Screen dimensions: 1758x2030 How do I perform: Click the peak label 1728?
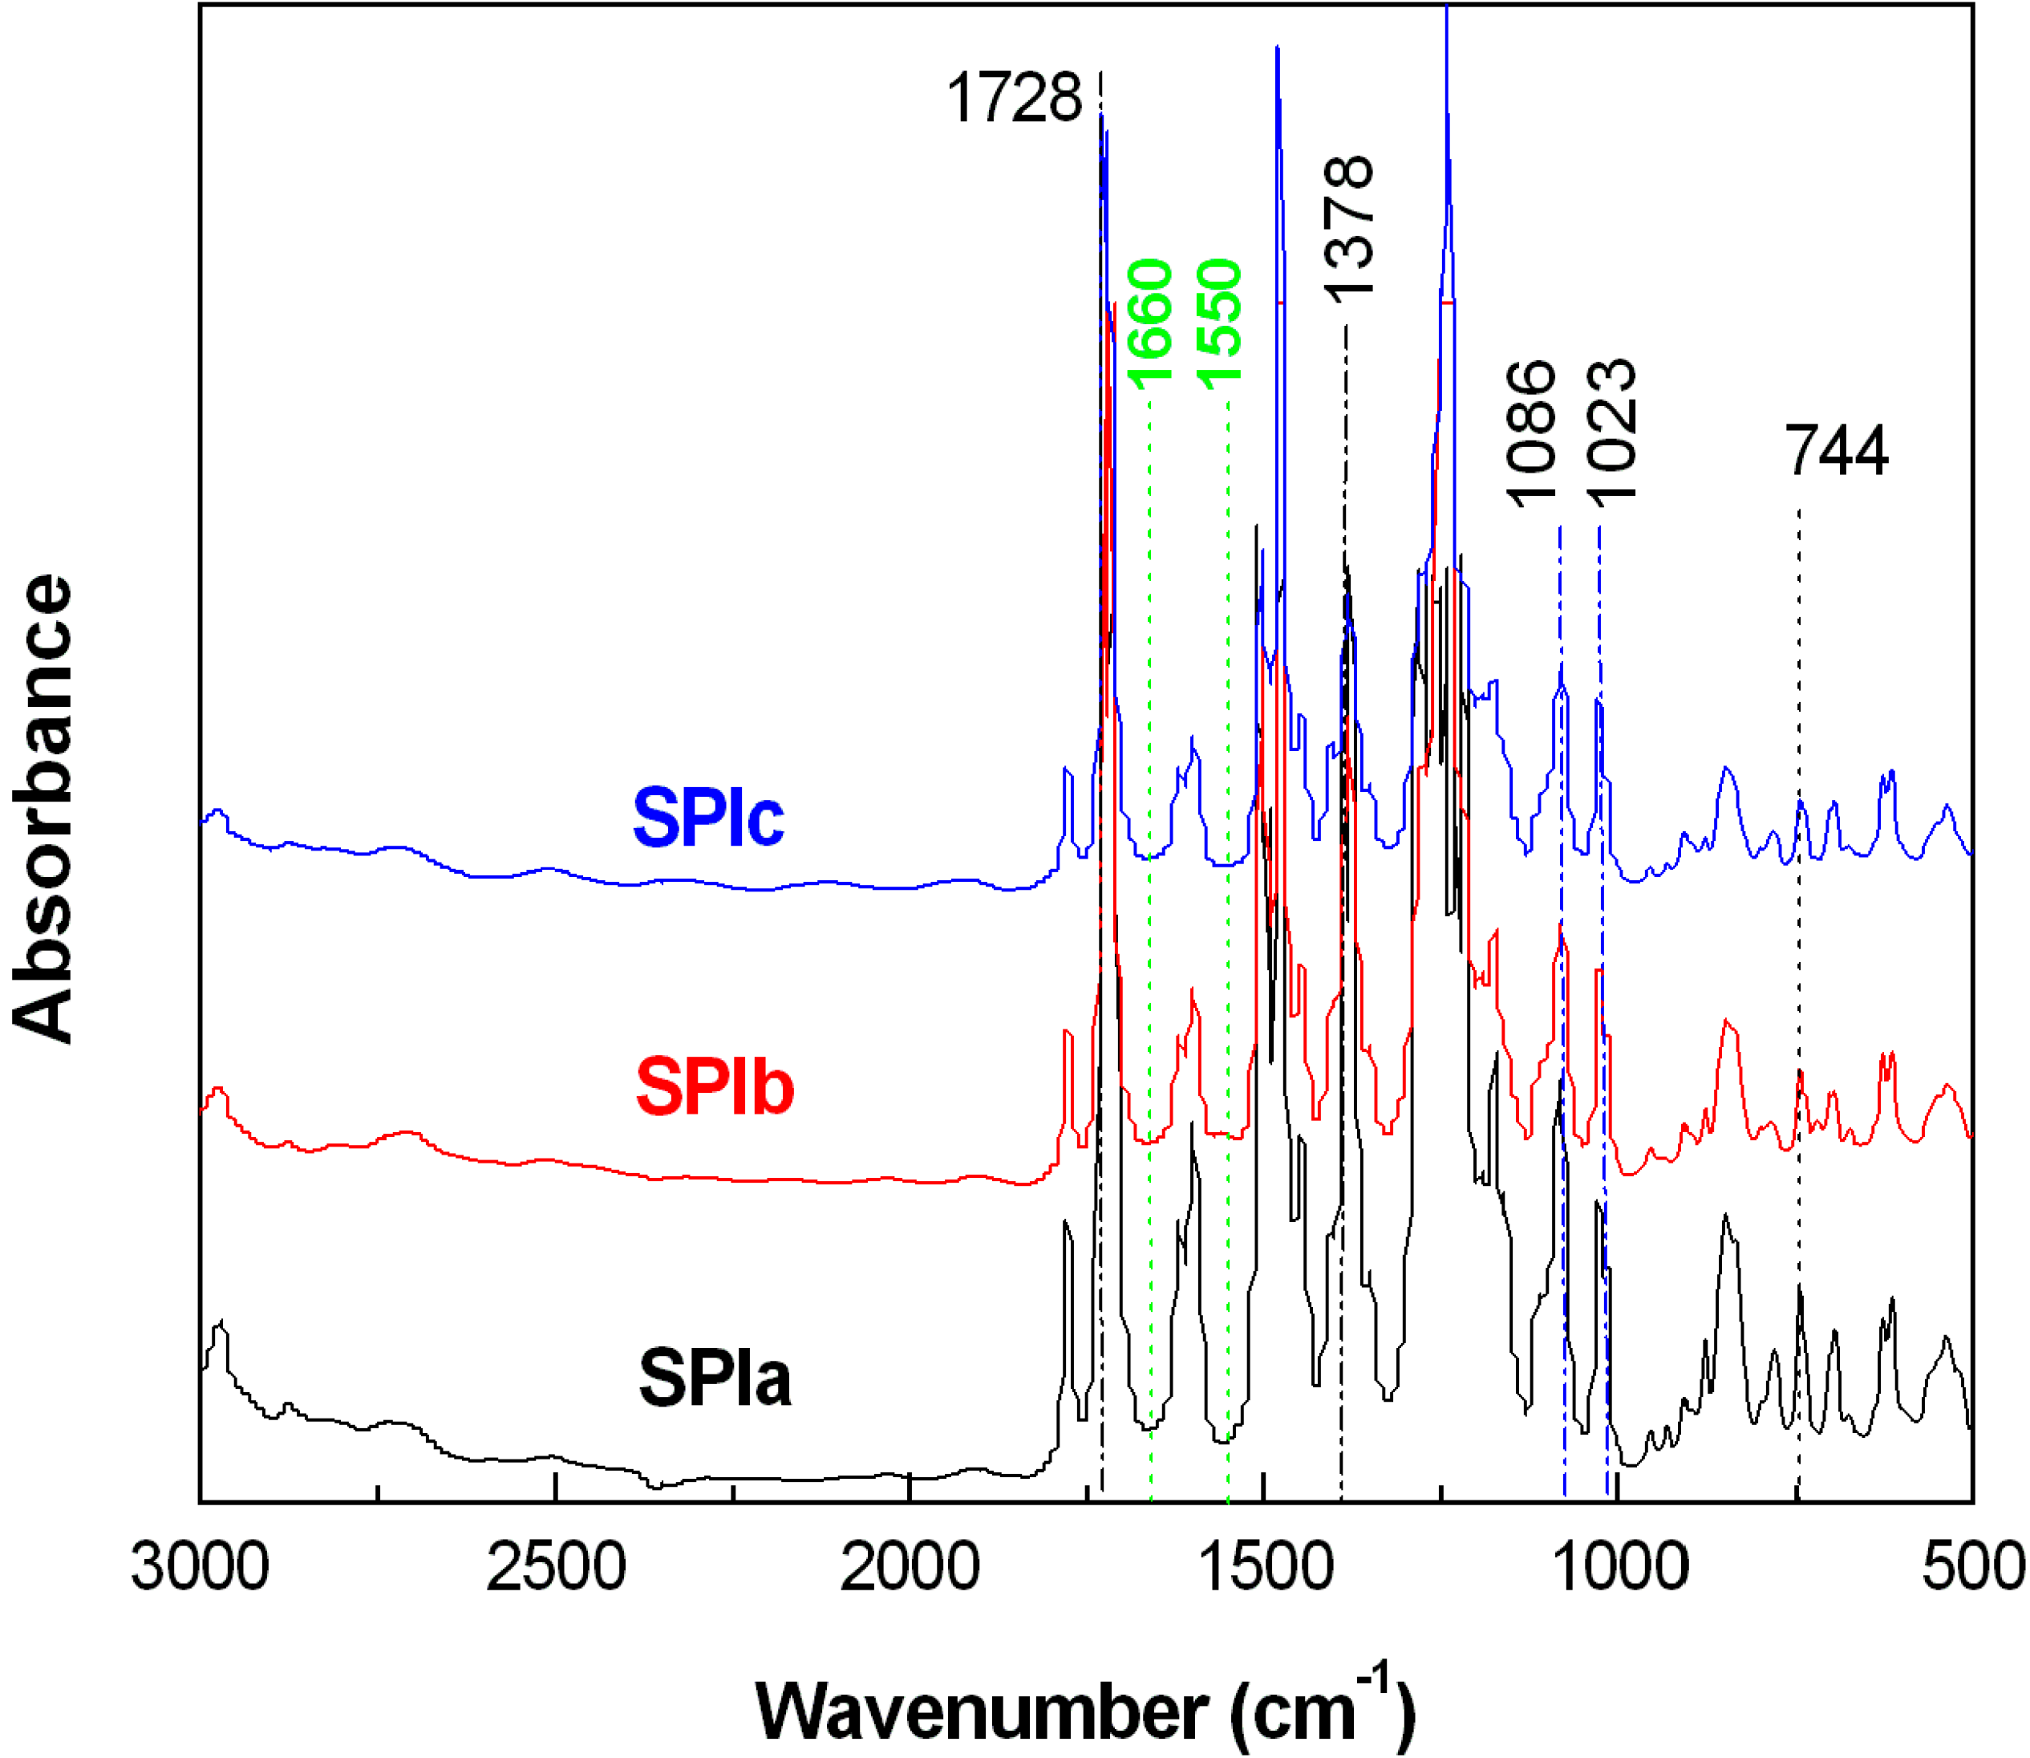[1013, 99]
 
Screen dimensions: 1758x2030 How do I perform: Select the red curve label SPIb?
[714, 1088]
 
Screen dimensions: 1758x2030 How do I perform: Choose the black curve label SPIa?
[714, 1378]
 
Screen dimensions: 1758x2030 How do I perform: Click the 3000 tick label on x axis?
[200, 1567]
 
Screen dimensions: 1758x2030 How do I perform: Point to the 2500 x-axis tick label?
[555, 1567]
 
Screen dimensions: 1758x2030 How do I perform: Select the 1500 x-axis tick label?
[1265, 1567]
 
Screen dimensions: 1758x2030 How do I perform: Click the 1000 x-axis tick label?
[1619, 1567]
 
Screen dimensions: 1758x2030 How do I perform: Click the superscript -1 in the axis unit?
[1375, 1679]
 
